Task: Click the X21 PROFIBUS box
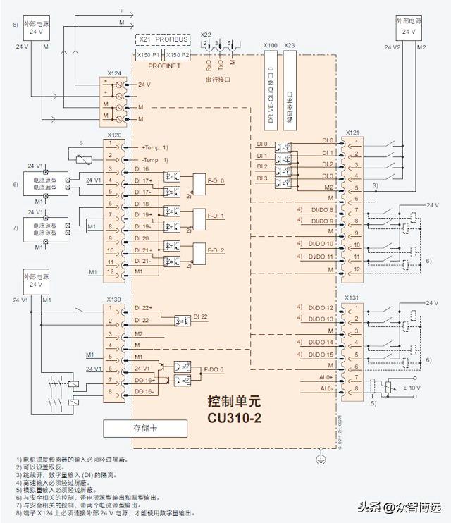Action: tap(162, 39)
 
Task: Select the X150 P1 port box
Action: tap(148, 55)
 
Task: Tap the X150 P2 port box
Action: tap(176, 55)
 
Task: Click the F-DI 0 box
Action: tap(212, 181)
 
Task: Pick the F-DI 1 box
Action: tap(212, 216)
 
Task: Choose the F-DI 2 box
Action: tap(212, 250)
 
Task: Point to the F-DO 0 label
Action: tap(215, 369)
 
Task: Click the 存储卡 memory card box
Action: tap(145, 428)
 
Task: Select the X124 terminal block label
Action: tap(113, 73)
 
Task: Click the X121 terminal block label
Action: tap(352, 133)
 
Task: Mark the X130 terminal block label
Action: tap(113, 299)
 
